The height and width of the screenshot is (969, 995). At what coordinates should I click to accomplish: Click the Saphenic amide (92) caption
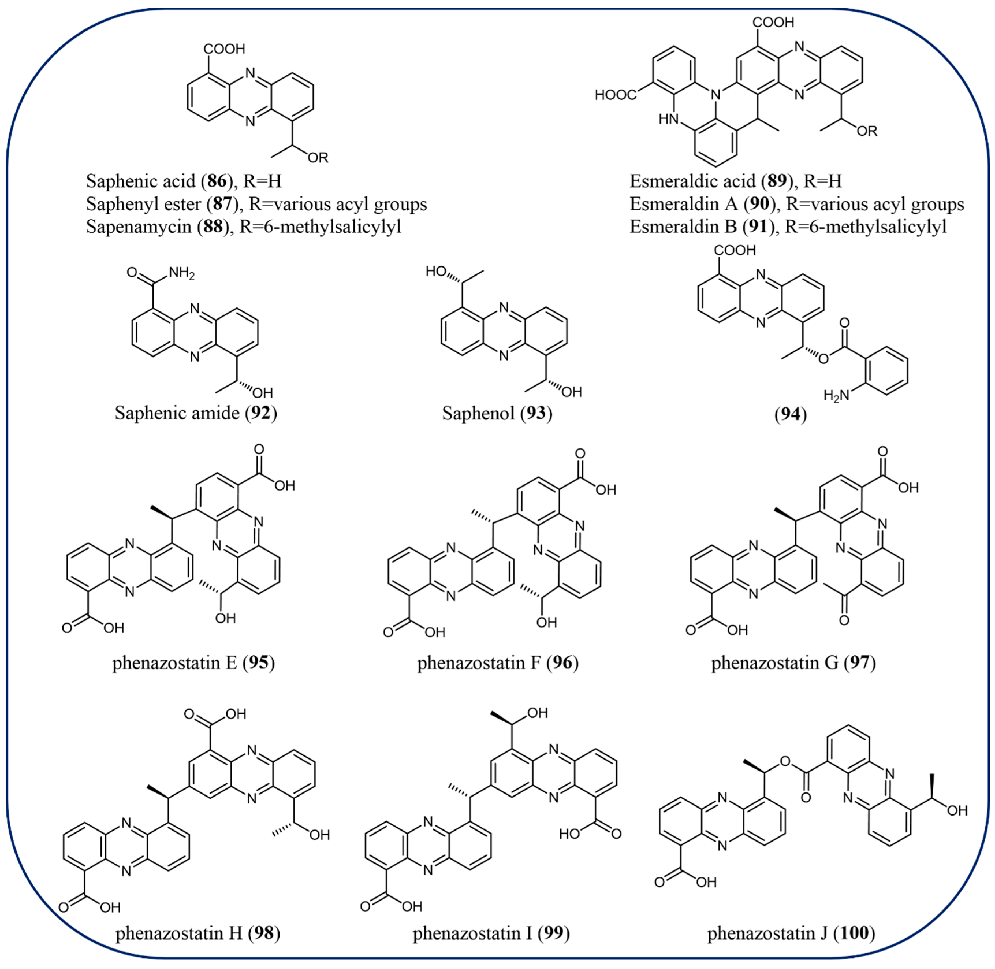[196, 413]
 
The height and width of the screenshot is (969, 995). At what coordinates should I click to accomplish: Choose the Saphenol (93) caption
[497, 413]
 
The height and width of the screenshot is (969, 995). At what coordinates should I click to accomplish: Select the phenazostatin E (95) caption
[193, 663]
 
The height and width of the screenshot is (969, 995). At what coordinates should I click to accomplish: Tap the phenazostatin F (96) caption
[498, 663]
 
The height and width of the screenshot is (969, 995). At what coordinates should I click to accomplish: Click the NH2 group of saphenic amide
[182, 273]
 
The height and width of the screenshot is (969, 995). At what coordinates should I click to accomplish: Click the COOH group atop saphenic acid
[224, 49]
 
